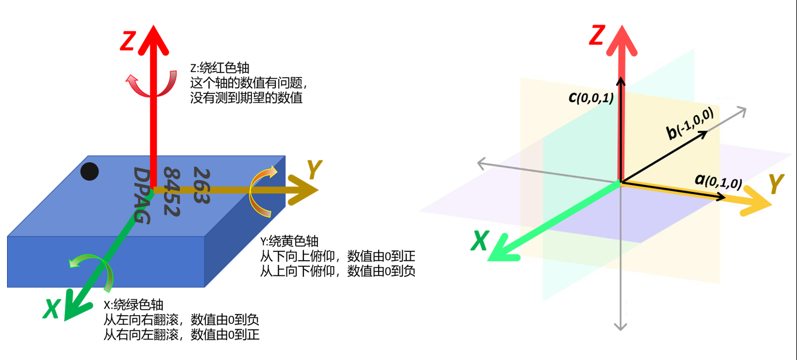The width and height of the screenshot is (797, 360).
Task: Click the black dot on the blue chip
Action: [x=89, y=172]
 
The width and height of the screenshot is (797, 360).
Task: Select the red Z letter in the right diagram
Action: [x=596, y=36]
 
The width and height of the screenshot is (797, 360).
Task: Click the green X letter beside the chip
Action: [x=52, y=309]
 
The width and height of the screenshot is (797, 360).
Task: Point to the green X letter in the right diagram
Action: [x=480, y=240]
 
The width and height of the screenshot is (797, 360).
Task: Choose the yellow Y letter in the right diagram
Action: [x=775, y=184]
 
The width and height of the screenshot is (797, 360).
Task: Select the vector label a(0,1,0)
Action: [x=718, y=181]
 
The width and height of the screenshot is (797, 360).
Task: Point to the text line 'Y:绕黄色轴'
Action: [x=289, y=242]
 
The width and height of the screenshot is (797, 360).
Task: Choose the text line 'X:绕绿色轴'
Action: [x=133, y=305]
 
